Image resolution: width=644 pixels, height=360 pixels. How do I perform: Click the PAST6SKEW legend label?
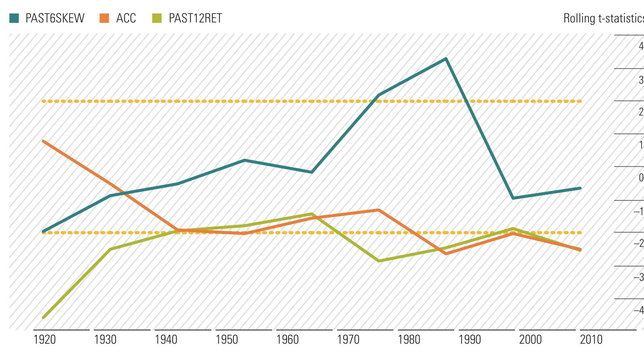click(55, 18)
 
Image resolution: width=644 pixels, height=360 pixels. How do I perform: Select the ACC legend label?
click(126, 18)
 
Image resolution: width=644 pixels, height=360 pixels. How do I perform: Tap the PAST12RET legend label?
click(195, 18)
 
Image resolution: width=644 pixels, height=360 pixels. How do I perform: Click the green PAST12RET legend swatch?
click(157, 18)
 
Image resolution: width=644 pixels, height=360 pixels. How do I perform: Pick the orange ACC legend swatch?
click(104, 18)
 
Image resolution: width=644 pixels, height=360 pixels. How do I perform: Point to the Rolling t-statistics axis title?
click(603, 18)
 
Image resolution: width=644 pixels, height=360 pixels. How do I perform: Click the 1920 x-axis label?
click(44, 340)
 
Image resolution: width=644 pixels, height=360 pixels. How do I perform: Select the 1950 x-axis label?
click(227, 340)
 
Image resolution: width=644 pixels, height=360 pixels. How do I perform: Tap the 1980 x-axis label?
click(409, 340)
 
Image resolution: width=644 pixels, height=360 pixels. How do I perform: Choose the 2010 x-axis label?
click(591, 340)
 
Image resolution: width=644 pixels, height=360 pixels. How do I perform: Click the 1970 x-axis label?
click(348, 340)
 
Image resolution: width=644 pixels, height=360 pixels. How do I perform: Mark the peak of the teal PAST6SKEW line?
click(446, 59)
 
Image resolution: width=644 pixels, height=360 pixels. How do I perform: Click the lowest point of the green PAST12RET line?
click(43, 317)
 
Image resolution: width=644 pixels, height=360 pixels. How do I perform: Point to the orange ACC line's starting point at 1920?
click(43, 141)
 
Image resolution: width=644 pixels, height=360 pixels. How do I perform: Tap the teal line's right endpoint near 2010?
click(580, 188)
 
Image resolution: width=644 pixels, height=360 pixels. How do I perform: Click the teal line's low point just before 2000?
click(513, 198)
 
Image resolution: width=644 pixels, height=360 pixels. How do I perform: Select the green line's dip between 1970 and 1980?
click(379, 260)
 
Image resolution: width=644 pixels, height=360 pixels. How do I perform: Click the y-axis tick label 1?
click(641, 145)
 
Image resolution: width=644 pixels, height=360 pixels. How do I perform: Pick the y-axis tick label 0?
click(641, 178)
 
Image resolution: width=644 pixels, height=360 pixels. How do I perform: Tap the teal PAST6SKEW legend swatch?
click(14, 18)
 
